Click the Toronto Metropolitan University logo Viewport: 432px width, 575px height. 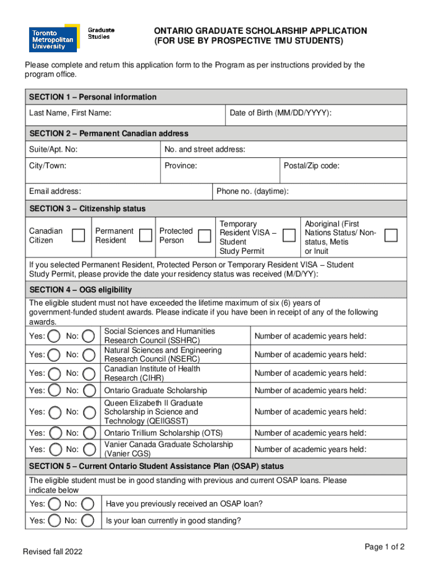coord(54,39)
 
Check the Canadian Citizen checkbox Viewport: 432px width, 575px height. coord(79,235)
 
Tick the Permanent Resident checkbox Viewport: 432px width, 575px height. coord(146,235)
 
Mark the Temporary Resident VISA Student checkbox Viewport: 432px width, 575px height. coord(289,235)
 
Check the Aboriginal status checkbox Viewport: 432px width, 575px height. coord(391,235)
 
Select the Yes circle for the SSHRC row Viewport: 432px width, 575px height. coord(54,336)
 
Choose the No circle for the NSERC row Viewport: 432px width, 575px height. coord(89,354)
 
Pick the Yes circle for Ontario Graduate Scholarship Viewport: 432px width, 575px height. coord(54,390)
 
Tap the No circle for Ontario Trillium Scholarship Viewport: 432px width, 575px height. coord(89,433)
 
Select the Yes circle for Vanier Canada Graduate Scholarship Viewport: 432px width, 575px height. coord(54,449)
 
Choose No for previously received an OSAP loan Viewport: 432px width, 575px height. coord(89,504)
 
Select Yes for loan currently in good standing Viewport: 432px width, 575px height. coord(54,521)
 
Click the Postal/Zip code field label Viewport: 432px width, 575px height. coord(311,166)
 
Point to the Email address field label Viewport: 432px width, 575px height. coord(55,191)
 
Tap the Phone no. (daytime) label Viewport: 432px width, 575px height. coord(252,191)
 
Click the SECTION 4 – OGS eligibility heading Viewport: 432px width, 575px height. coord(80,290)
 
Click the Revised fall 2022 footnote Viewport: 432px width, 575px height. coord(52,552)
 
